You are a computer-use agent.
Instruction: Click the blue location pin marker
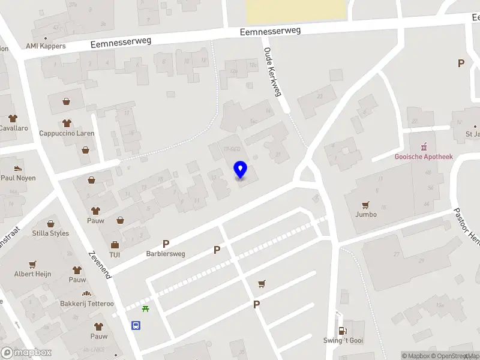pos(241,170)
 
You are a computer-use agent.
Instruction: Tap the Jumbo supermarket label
pos(366,214)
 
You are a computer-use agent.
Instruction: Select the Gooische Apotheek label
pos(424,157)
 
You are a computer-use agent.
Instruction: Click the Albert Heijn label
pos(32,274)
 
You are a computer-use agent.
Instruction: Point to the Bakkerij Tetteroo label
pos(86,304)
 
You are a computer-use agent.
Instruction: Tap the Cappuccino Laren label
pos(67,133)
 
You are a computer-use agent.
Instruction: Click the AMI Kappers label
pos(46,46)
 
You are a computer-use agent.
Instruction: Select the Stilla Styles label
pos(50,233)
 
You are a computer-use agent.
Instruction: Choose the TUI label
pos(115,255)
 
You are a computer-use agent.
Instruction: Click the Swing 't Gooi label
pos(343,341)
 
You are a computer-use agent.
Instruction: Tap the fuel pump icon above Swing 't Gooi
pos(343,330)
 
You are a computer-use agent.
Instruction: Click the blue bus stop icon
pos(137,326)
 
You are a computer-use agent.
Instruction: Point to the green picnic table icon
pos(145,309)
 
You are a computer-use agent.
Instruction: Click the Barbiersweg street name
pos(166,254)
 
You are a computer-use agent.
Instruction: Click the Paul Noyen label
pos(18,178)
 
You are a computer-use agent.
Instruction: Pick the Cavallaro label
pos(13,128)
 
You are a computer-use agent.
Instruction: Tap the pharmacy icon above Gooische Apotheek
pos(424,146)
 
